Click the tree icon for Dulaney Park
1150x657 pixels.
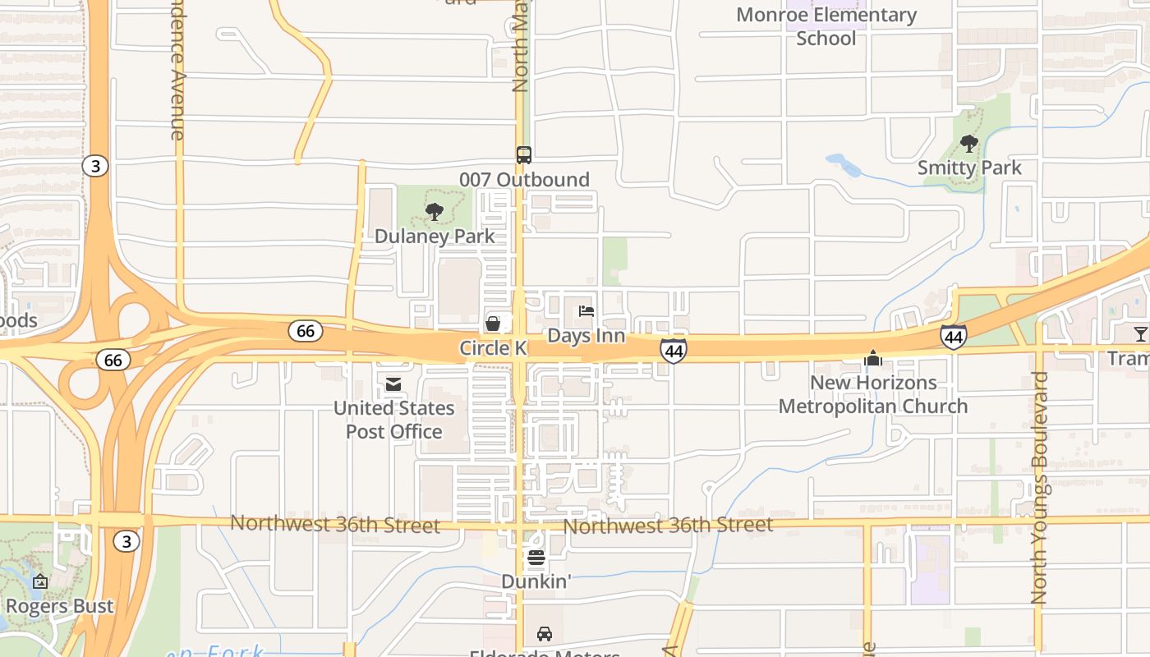click(435, 212)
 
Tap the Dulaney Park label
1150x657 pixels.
click(435, 237)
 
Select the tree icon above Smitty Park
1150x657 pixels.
click(969, 144)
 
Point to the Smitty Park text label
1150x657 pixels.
click(969, 168)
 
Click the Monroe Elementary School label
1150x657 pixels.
click(826, 26)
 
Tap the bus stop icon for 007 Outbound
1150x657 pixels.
click(523, 154)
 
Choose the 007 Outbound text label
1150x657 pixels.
click(524, 180)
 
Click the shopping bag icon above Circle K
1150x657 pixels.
click(493, 324)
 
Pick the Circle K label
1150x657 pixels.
click(493, 348)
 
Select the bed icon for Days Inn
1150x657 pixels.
click(586, 311)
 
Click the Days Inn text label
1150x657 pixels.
click(586, 336)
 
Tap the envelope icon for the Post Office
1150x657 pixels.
click(393, 384)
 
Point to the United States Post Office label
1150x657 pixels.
click(393, 420)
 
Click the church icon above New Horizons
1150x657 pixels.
click(872, 358)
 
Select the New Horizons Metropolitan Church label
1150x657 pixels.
click(872, 394)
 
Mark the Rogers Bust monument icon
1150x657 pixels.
click(39, 582)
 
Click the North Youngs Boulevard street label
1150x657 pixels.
click(1039, 488)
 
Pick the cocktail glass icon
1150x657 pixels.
click(1140, 333)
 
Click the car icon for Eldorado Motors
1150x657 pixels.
click(544, 633)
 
